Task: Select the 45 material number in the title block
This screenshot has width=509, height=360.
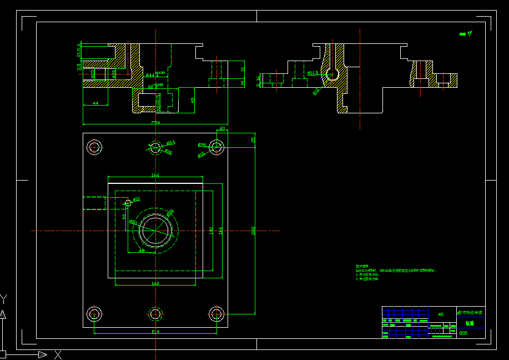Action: pos(441,314)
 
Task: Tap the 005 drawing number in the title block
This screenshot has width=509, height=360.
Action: pos(463,333)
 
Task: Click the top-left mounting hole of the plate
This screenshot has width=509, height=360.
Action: pos(94,147)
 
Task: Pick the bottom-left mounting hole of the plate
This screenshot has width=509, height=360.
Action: pos(94,314)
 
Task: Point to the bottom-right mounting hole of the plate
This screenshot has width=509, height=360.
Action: pos(216,314)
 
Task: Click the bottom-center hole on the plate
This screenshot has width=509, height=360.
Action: pos(155,314)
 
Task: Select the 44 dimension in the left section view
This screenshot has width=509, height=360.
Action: pos(95,103)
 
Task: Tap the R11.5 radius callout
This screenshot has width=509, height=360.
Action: pos(313,73)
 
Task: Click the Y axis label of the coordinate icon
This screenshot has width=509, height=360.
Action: pos(3,299)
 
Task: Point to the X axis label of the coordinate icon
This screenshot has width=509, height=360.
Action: pos(58,354)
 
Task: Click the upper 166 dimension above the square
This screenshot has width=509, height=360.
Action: pos(155,176)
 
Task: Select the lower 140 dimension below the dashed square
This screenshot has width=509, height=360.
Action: pos(155,283)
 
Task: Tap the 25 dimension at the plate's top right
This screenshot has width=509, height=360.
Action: pos(253,139)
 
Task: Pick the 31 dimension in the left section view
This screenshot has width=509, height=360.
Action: pos(243,69)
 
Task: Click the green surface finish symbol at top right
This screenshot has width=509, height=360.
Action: pos(465,34)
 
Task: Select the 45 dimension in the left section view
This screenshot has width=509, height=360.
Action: pos(193,100)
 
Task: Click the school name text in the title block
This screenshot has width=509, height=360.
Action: pos(470,312)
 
